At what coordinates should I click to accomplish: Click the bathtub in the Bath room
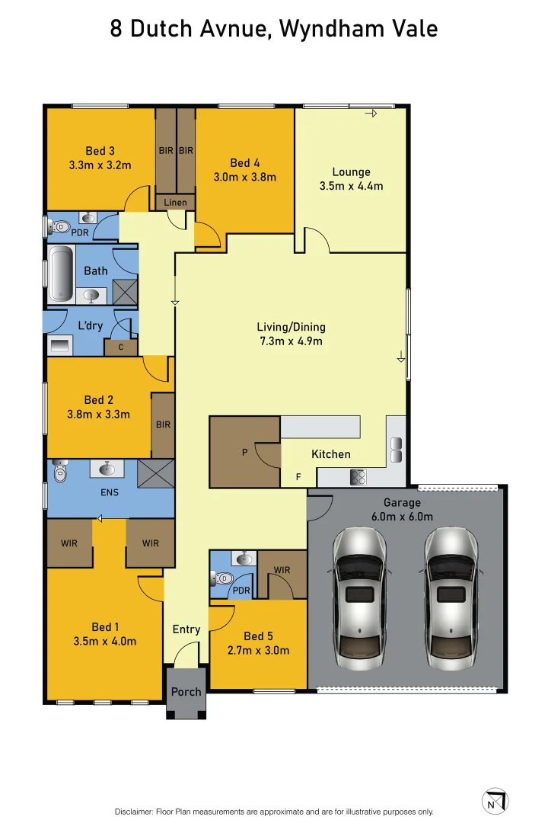coord(60,274)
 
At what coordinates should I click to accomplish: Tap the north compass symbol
coord(495,801)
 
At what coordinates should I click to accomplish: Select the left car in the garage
coord(359,598)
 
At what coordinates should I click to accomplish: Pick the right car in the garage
coord(450,598)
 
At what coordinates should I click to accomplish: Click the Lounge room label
coord(352,171)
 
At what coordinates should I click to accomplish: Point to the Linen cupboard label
coord(175,202)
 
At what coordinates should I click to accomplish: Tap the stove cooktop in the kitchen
coord(358,477)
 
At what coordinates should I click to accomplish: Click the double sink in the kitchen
coord(397,450)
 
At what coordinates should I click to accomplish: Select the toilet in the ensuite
coord(60,472)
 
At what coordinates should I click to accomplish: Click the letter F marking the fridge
coord(298,476)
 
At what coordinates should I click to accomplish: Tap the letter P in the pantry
coord(244,451)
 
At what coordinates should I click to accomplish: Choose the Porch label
coord(186,692)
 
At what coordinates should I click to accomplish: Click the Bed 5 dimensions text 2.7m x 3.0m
coord(259,650)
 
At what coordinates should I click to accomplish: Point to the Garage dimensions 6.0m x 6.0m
coord(402,517)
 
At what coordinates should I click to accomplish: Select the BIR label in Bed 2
coord(163,424)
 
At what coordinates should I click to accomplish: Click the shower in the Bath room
coord(125,292)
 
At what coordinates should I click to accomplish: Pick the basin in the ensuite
coord(107,468)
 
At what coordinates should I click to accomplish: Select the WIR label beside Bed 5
coord(282,570)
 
